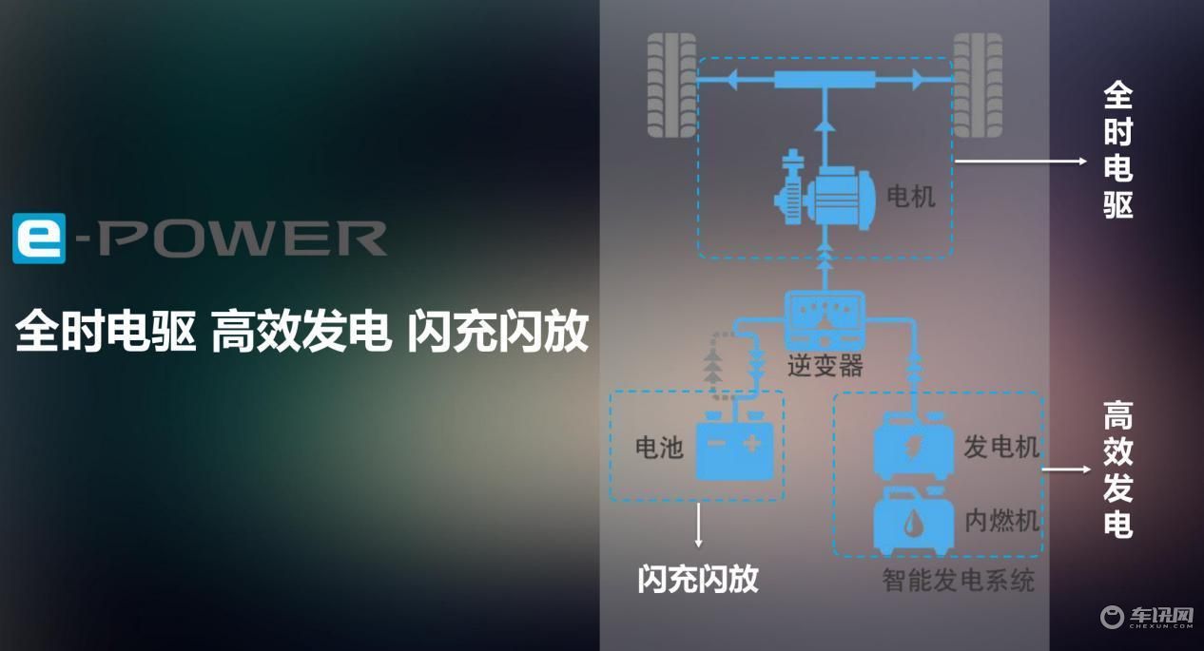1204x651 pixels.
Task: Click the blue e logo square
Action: pos(39,238)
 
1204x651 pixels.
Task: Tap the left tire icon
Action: pos(671,85)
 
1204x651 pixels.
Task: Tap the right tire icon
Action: pos(978,85)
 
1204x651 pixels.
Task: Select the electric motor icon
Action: pos(824,191)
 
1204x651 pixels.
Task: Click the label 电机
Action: pos(910,196)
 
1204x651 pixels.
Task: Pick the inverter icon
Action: pos(825,318)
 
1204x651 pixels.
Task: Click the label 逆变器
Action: pos(825,366)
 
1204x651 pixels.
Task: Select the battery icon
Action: pos(735,446)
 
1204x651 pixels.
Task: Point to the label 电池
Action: pos(659,447)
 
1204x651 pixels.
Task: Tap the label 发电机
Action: pos(1001,447)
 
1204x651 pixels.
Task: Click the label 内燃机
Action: pos(1001,521)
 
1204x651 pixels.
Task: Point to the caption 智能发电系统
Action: pos(959,581)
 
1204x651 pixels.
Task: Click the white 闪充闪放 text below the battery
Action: pos(698,579)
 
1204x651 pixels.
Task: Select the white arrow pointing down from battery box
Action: pos(698,526)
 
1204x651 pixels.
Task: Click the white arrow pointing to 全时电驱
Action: pos(1020,161)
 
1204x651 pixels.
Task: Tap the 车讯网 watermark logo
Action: pos(1147,617)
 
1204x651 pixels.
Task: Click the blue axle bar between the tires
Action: pos(825,80)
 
